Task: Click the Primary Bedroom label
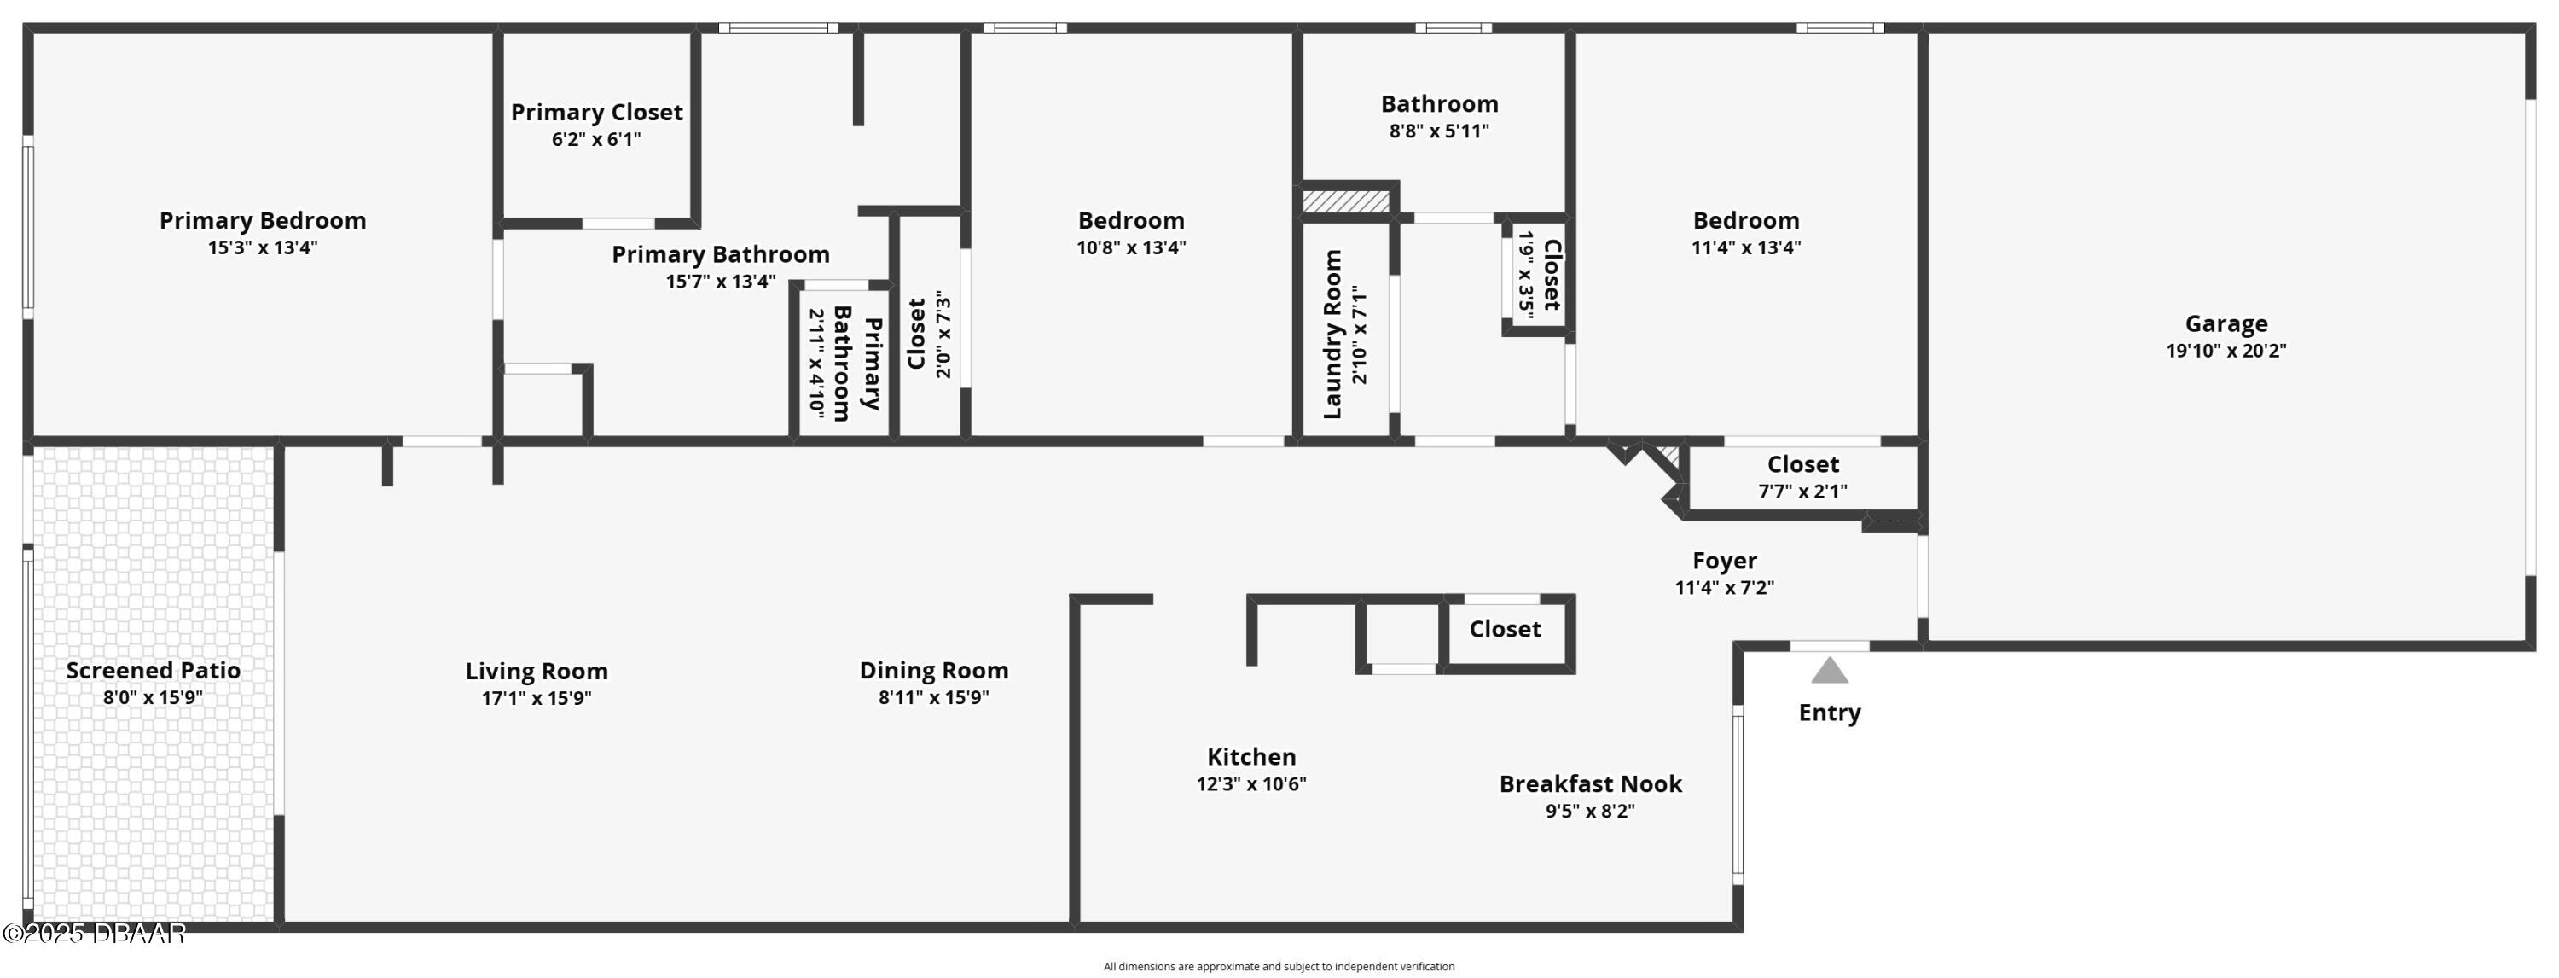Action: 262,221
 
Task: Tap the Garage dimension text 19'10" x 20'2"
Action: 2225,351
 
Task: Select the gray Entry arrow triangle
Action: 1829,672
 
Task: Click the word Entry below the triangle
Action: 1829,713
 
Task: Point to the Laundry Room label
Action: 1333,334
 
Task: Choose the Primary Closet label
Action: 596,113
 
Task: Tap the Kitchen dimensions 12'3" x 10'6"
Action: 1250,784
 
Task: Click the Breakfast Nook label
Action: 1589,784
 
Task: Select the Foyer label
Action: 1725,561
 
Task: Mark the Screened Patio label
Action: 153,671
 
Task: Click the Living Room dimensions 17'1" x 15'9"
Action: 537,699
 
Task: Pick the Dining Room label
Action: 934,671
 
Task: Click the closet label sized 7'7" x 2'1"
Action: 1802,464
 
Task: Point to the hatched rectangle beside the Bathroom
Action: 1345,201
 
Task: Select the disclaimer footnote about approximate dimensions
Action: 1279,966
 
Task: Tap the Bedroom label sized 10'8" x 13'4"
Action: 1130,221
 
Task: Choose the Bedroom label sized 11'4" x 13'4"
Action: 1745,221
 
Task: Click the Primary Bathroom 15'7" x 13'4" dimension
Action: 720,282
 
